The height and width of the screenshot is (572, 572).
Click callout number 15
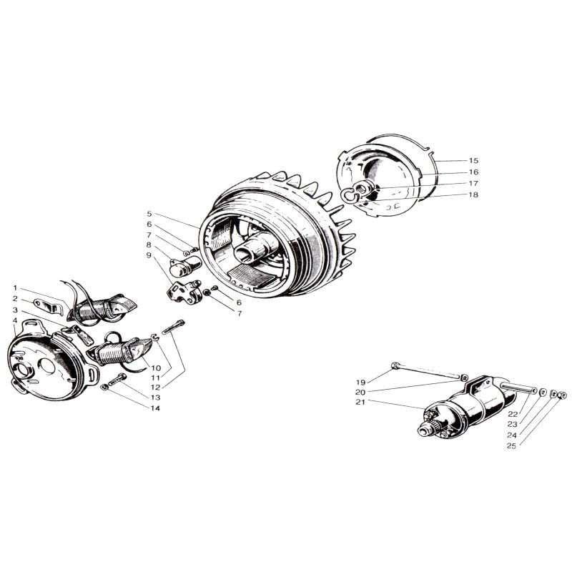(x=473, y=160)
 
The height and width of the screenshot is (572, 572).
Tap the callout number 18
(x=473, y=194)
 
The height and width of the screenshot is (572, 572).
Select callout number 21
(x=360, y=402)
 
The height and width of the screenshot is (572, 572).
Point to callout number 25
(x=511, y=445)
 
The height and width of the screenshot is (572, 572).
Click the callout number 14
(x=155, y=408)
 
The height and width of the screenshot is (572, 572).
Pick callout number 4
(x=15, y=320)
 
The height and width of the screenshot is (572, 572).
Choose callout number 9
(x=149, y=255)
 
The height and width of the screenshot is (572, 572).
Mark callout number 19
(x=360, y=383)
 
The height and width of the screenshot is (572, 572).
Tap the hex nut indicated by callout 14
(x=104, y=387)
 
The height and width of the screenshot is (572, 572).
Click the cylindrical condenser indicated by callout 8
(x=186, y=265)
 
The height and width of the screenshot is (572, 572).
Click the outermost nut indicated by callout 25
(x=563, y=395)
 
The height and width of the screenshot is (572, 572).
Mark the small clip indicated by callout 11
(x=155, y=337)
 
